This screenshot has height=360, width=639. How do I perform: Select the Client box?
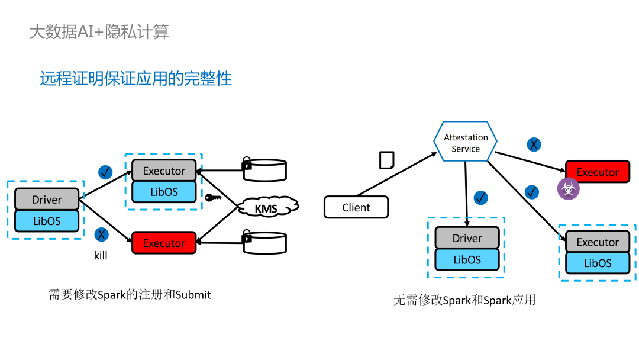click(x=356, y=208)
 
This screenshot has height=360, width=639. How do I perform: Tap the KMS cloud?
click(x=267, y=208)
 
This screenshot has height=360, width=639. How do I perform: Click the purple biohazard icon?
click(x=568, y=189)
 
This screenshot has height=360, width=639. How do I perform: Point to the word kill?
click(x=101, y=256)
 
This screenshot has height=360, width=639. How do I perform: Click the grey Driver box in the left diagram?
click(x=47, y=200)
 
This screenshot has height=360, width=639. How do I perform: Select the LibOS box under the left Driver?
click(x=47, y=221)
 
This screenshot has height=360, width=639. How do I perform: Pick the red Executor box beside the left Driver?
click(x=164, y=243)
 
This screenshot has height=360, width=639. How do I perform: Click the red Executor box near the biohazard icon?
click(x=598, y=172)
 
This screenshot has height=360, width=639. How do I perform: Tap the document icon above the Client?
click(x=386, y=160)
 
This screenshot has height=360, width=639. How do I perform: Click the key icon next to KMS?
click(x=213, y=197)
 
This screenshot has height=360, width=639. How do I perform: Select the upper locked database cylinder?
click(x=264, y=169)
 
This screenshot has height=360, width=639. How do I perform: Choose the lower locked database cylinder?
click(x=264, y=242)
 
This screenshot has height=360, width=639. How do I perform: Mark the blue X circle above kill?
click(x=102, y=234)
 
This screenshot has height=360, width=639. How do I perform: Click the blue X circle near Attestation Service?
click(x=534, y=144)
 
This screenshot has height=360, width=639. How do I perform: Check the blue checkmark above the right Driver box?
click(x=481, y=198)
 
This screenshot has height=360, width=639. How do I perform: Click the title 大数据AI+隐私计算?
click(x=99, y=31)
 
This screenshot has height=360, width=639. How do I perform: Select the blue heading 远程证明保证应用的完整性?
click(x=135, y=79)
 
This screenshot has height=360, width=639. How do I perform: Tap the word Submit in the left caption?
click(x=193, y=294)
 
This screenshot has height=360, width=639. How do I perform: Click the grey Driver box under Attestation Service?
click(x=467, y=238)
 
